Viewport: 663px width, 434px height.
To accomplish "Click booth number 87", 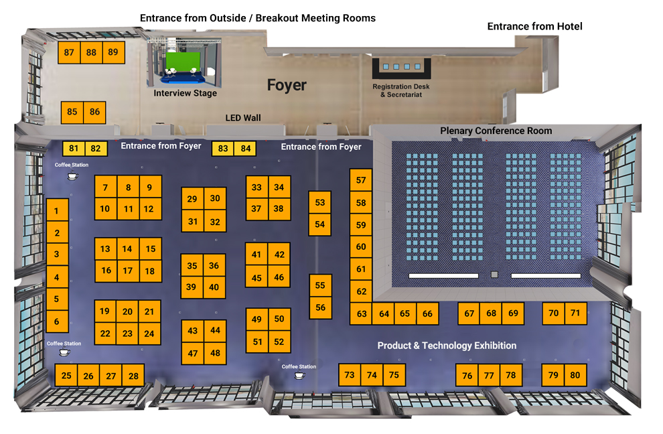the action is [x=69, y=52].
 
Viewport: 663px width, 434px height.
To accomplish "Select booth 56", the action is [x=321, y=307].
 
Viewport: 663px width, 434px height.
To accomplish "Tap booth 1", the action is [x=57, y=210].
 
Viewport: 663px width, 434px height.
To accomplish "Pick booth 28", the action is [x=133, y=375].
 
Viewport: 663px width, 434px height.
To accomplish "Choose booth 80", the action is [x=575, y=375].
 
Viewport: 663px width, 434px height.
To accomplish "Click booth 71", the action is [x=575, y=313].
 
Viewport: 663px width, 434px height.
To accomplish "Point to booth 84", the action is [x=245, y=149].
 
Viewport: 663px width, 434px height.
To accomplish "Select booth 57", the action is [x=361, y=179].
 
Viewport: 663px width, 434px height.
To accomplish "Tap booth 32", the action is [x=215, y=221].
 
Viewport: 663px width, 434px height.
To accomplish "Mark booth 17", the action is [x=128, y=271].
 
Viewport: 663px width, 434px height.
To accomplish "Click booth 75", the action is [x=394, y=375].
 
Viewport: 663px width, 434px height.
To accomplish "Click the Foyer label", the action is [x=287, y=86].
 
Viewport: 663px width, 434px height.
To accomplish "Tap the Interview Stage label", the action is [x=186, y=93].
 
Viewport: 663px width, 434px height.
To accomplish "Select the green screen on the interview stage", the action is [x=183, y=62].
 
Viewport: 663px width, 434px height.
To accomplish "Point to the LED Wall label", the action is [x=243, y=118].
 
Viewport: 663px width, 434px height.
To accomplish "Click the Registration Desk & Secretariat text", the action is [x=401, y=90].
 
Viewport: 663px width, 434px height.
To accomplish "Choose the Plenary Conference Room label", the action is [x=496, y=131].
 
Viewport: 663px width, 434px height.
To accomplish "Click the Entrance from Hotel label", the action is [x=535, y=26].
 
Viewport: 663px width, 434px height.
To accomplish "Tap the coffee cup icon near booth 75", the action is [x=300, y=375].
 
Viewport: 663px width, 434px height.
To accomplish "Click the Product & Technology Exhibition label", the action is [x=447, y=346].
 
